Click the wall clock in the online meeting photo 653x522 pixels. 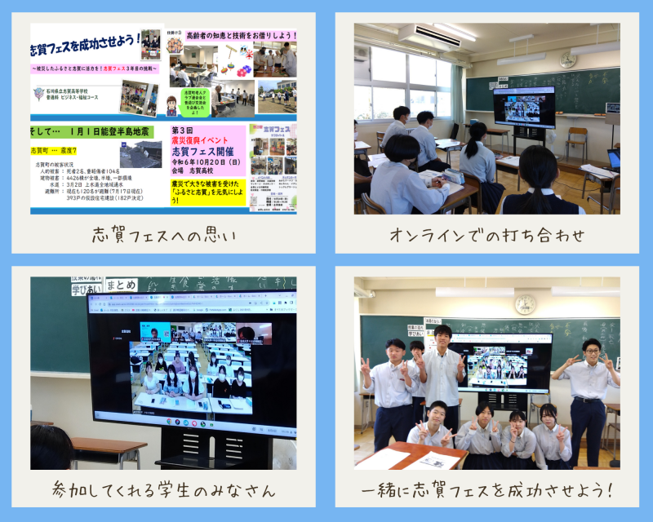click(x=567, y=60)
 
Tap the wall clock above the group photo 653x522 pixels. click(x=525, y=303)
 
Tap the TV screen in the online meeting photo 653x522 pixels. click(x=523, y=105)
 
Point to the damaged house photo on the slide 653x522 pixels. click(x=140, y=153)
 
